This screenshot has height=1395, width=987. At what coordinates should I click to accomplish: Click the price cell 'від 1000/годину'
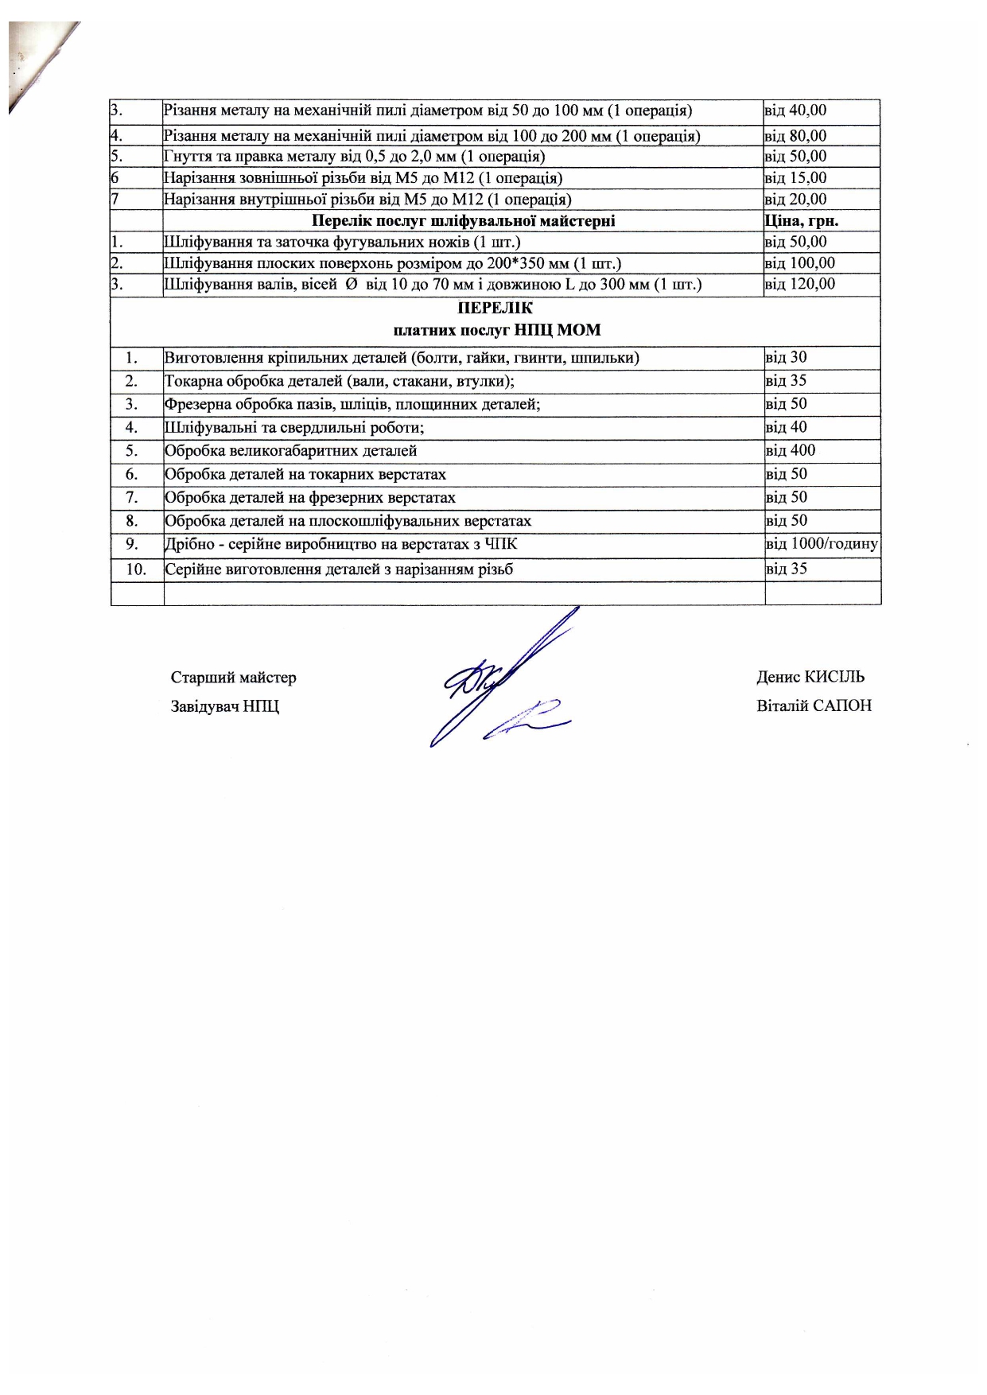pyautogui.click(x=822, y=544)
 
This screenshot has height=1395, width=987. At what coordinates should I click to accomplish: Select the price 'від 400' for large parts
pyautogui.click(x=790, y=450)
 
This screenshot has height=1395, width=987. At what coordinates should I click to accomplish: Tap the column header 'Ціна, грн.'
pyautogui.click(x=801, y=220)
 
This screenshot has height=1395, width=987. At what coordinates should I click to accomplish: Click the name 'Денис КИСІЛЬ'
pyautogui.click(x=810, y=677)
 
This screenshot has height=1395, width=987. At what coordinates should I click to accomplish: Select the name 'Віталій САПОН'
pyautogui.click(x=814, y=705)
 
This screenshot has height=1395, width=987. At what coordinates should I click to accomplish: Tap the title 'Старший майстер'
pyautogui.click(x=233, y=678)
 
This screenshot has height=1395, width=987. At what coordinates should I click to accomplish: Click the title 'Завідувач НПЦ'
pyautogui.click(x=224, y=706)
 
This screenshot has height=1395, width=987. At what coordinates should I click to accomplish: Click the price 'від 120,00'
pyautogui.click(x=799, y=284)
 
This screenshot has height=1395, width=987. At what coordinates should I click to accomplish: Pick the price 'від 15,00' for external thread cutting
pyautogui.click(x=795, y=178)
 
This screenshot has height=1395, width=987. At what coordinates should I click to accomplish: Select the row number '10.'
pyautogui.click(x=136, y=569)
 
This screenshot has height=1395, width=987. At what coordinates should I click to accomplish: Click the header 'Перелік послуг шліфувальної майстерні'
pyautogui.click(x=463, y=220)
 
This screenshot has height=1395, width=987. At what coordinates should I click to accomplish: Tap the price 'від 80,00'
pyautogui.click(x=795, y=136)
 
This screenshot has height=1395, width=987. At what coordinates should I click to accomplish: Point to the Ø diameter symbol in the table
pyautogui.click(x=351, y=284)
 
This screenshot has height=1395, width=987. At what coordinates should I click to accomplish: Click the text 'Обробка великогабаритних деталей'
pyautogui.click(x=290, y=451)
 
